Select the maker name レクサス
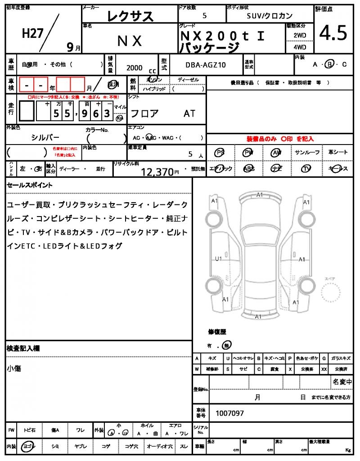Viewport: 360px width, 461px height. tap(130, 17)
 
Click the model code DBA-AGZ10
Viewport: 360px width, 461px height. tap(206, 65)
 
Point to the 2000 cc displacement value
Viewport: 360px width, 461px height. tap(135, 68)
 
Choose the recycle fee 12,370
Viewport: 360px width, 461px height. tap(157, 172)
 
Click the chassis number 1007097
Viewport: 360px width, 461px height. tap(230, 413)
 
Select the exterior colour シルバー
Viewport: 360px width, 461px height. tap(45, 138)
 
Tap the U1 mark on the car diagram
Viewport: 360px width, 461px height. tap(218, 259)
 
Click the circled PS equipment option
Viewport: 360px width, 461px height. tap(220, 153)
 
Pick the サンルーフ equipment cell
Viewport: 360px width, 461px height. tap(307, 153)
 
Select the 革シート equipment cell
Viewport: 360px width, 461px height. tap(338, 153)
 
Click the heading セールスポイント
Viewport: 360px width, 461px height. tap(30, 185)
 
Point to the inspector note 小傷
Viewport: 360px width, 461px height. tap(14, 369)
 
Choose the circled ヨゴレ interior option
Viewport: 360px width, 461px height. tap(29, 446)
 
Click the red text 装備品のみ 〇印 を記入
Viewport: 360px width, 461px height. tap(280, 139)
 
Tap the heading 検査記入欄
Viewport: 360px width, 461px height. tap(23, 348)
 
